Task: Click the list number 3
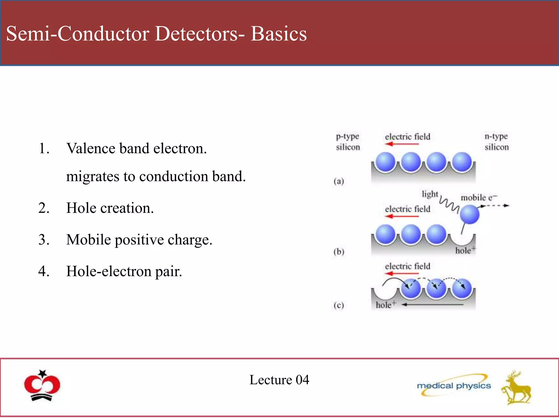tap(44, 240)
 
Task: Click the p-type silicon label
tap(348, 142)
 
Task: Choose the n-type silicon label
tap(496, 142)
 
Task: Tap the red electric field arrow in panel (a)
tap(402, 144)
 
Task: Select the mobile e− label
tap(478, 197)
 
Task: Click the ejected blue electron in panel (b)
tap(469, 214)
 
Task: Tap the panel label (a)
tap(339, 181)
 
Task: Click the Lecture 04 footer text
tap(279, 380)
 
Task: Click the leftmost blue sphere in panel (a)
tap(385, 162)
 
